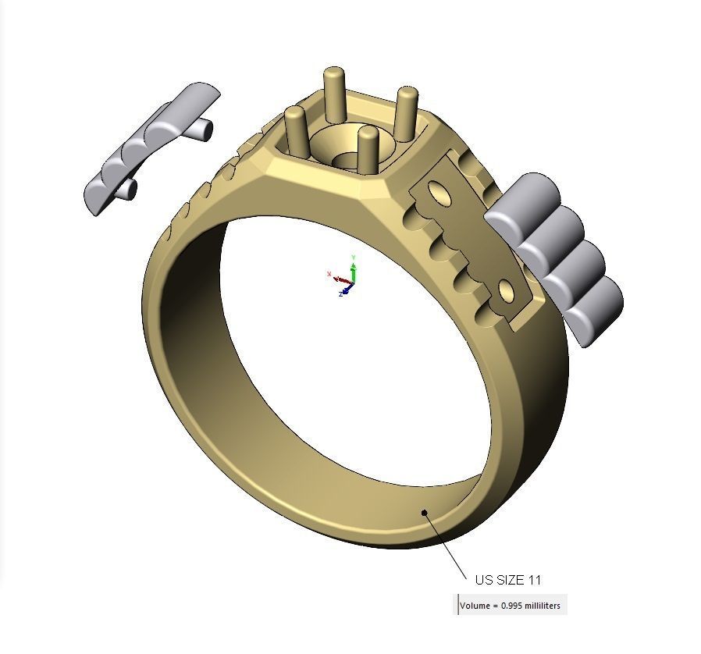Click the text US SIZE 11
tap(507, 580)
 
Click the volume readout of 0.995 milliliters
tap(510, 606)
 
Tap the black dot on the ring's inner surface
tap(424, 513)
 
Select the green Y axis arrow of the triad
tap(354, 265)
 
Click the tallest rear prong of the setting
tap(334, 94)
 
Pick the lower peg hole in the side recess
tap(506, 293)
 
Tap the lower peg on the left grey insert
tap(127, 189)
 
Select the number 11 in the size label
tap(535, 580)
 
